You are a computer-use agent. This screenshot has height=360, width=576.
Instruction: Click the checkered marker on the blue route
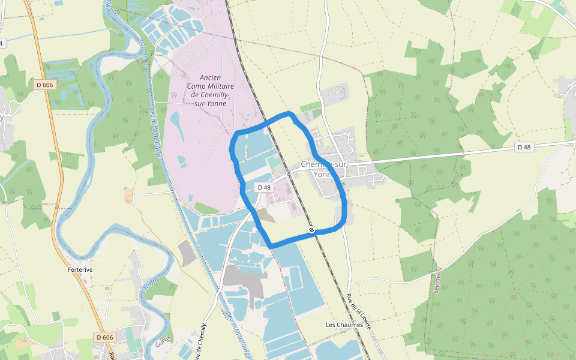pyautogui.click(x=311, y=230)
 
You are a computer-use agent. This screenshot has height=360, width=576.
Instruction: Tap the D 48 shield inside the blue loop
pyautogui.click(x=265, y=188)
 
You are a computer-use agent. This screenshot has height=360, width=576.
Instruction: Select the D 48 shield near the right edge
pyautogui.click(x=524, y=147)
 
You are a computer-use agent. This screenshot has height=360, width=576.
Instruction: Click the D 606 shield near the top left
pyautogui.click(x=44, y=85)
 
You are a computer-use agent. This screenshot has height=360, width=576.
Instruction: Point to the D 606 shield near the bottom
pyautogui.click(x=104, y=338)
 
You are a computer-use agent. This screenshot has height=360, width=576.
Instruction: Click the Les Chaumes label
pyautogui.click(x=344, y=325)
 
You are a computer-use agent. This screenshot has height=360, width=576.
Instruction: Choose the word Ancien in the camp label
pyautogui.click(x=211, y=77)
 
